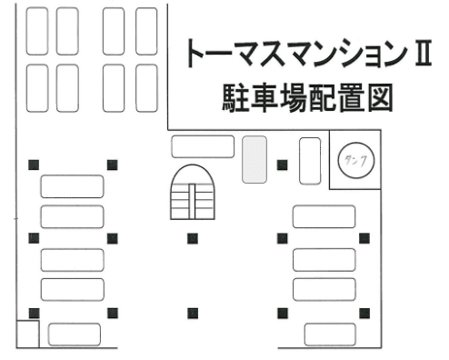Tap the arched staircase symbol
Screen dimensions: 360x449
pos(193,194)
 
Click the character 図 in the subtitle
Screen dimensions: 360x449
pos(375,97)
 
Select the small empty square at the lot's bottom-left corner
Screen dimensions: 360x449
pos(27,334)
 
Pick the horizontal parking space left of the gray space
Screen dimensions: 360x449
pos(196,144)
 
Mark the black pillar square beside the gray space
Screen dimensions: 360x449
pos(283,165)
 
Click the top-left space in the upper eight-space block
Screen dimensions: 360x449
pos(37,31)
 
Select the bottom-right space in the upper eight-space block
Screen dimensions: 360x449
pos(146,87)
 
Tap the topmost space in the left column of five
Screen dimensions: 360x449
pos(72,186)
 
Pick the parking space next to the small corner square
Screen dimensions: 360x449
pos(74,334)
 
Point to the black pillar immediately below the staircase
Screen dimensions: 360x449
pos(193,238)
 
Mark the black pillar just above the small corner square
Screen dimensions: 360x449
pos(33,313)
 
